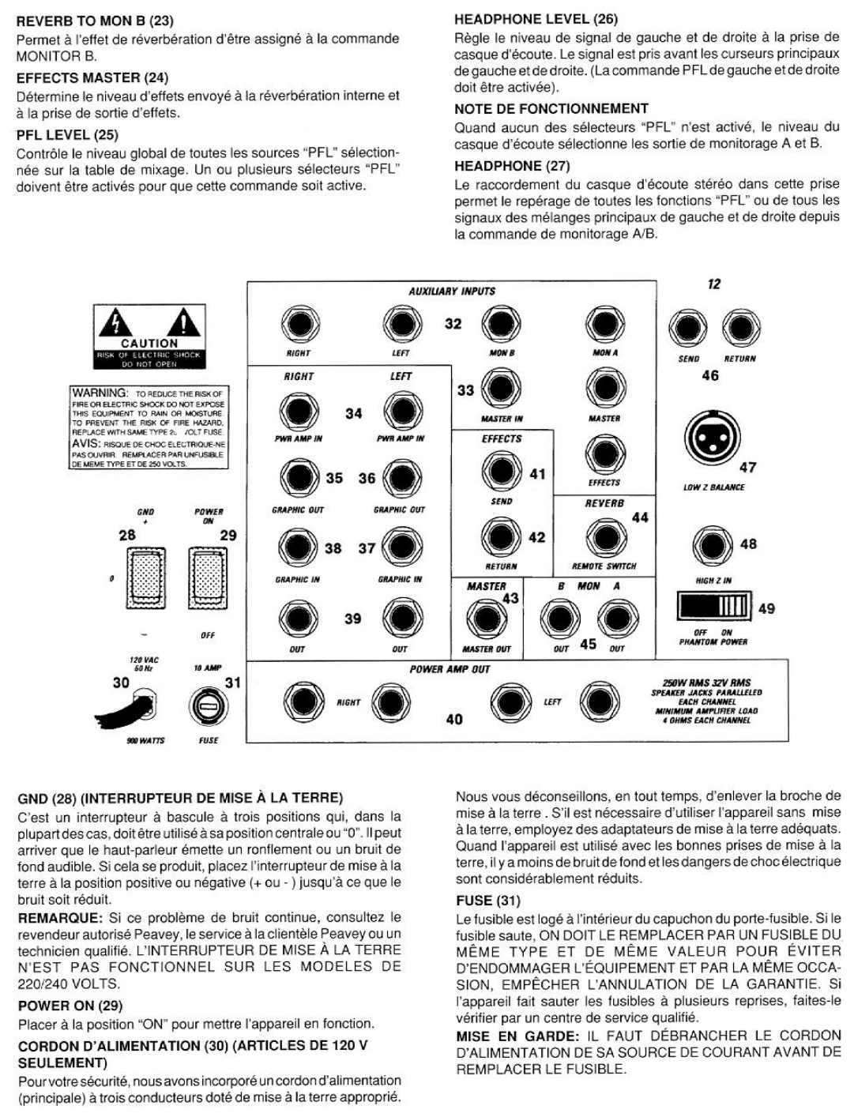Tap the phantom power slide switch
coord(713,607)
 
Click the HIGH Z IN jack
coord(713,545)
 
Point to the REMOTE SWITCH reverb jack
coord(604,537)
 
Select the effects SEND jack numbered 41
coord(501,471)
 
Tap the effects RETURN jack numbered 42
coord(501,536)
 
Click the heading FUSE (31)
coord(487,901)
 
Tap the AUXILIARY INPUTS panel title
coord(452,291)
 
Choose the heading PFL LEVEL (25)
coord(67,135)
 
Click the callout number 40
coord(454,720)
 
